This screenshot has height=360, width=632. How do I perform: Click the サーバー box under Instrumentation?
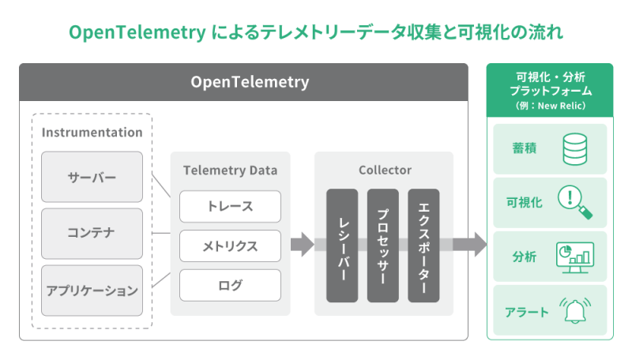point(92,177)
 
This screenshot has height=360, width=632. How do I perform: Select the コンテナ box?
point(92,234)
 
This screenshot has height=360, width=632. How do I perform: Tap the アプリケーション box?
point(92,291)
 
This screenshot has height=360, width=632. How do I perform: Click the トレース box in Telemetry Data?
point(230,206)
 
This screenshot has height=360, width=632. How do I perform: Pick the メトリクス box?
point(230,246)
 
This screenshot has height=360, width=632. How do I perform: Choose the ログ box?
point(230,285)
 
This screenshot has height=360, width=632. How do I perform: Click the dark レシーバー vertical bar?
point(342,246)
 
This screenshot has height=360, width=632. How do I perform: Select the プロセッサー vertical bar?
point(383,246)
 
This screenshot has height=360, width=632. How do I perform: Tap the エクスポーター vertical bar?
point(423,246)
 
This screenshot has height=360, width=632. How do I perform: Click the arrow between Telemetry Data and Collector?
point(302,245)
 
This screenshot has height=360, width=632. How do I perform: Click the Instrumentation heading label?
point(92,133)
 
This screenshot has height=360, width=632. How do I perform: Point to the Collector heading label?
point(384,170)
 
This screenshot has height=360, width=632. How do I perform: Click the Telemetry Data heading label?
point(230,170)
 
